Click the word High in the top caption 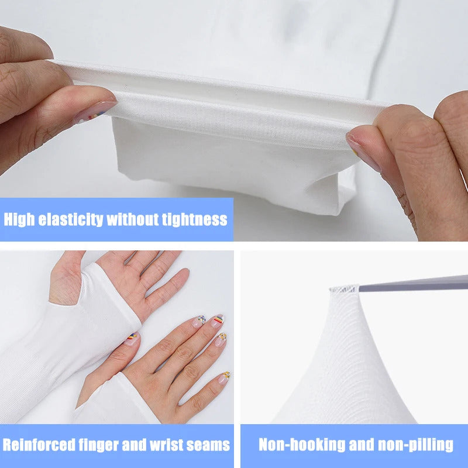[x=19, y=220]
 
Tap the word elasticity [x=71, y=220]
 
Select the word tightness [x=194, y=220]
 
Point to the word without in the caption [x=133, y=220]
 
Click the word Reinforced [x=39, y=445]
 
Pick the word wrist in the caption [x=166, y=445]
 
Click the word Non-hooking [x=302, y=445]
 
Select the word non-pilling [x=415, y=445]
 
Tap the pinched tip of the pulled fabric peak [x=343, y=288]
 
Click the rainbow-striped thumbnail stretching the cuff [x=95, y=112]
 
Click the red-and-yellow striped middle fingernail [x=218, y=321]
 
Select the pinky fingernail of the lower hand [x=224, y=377]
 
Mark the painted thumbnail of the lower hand [x=132, y=339]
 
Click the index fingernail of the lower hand [x=198, y=321]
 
